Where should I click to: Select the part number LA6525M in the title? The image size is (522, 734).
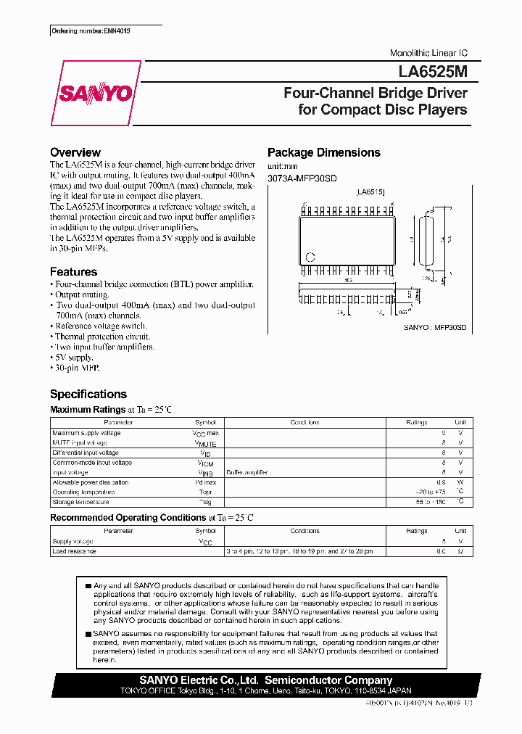pyautogui.click(x=433, y=73)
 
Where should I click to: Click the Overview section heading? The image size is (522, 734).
pyautogui.click(x=75, y=152)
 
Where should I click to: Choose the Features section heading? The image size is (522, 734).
pyautogui.click(x=73, y=272)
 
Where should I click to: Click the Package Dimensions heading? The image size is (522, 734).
pyautogui.click(x=323, y=152)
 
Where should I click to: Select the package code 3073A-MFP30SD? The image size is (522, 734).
pyautogui.click(x=302, y=178)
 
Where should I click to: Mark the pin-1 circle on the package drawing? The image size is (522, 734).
pyautogui.click(x=311, y=257)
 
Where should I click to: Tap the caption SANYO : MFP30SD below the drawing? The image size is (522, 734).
pyautogui.click(x=434, y=328)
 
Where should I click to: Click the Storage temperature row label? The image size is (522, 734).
pyautogui.click(x=80, y=502)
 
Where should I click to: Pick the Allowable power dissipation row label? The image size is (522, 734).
pyautogui.click(x=90, y=482)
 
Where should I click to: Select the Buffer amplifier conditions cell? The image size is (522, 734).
pyautogui.click(x=246, y=472)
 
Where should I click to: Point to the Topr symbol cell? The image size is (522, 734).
pyautogui.click(x=205, y=492)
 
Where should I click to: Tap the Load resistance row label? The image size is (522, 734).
pyautogui.click(x=74, y=551)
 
